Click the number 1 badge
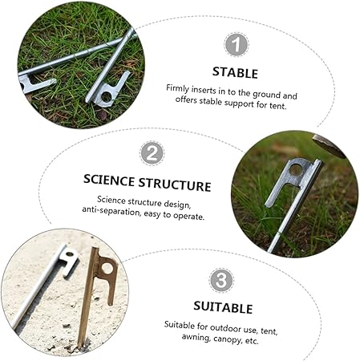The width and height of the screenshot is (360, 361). click(x=237, y=45)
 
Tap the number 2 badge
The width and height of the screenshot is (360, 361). click(x=152, y=153)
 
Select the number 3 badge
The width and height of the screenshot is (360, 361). click(x=221, y=280)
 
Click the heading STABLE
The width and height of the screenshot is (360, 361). click(x=235, y=73)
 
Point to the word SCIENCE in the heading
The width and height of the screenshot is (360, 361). click(x=109, y=180)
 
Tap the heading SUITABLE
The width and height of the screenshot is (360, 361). click(x=223, y=307)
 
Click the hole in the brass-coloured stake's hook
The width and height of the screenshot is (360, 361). click(x=107, y=268)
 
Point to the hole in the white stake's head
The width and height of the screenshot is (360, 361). click(x=69, y=254)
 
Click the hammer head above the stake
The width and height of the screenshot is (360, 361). click(x=329, y=145)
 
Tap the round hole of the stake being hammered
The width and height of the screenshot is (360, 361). click(x=297, y=170)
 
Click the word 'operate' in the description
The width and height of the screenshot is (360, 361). click(x=189, y=216)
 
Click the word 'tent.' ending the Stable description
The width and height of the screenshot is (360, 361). click(x=278, y=106)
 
